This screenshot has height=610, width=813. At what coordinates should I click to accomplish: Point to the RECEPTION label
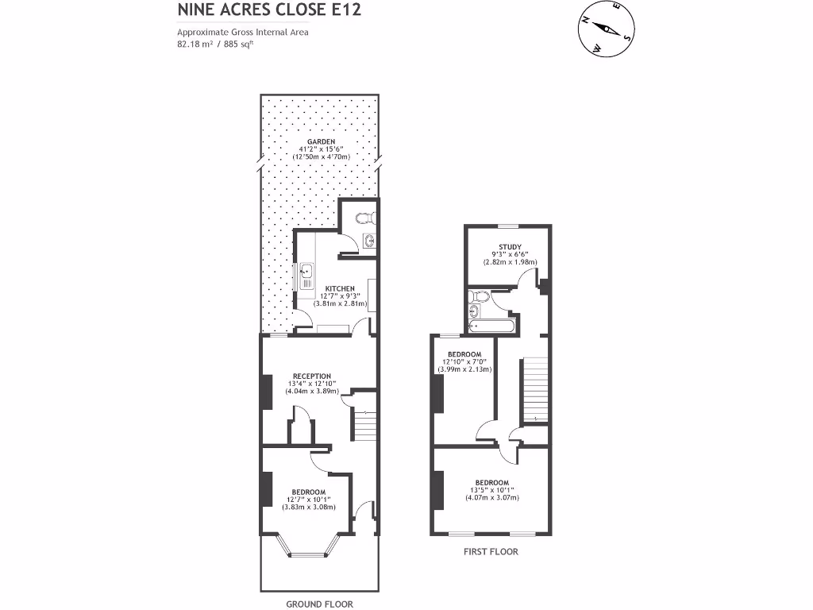pos(311,376)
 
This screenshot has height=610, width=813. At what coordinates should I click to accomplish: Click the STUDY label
pos(511,247)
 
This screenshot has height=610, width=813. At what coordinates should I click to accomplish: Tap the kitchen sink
pos(306,275)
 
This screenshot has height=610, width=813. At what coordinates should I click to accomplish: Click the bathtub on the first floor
pos(493,326)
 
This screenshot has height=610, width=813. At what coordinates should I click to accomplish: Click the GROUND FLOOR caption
pos(319,604)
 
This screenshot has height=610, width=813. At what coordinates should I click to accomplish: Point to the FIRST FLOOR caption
pos(491,551)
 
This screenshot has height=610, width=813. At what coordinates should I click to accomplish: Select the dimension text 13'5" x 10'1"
pos(491,490)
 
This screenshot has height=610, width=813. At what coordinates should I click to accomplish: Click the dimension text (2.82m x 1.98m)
pos(511,262)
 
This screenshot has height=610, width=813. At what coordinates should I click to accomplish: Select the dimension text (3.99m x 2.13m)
pos(464,369)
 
